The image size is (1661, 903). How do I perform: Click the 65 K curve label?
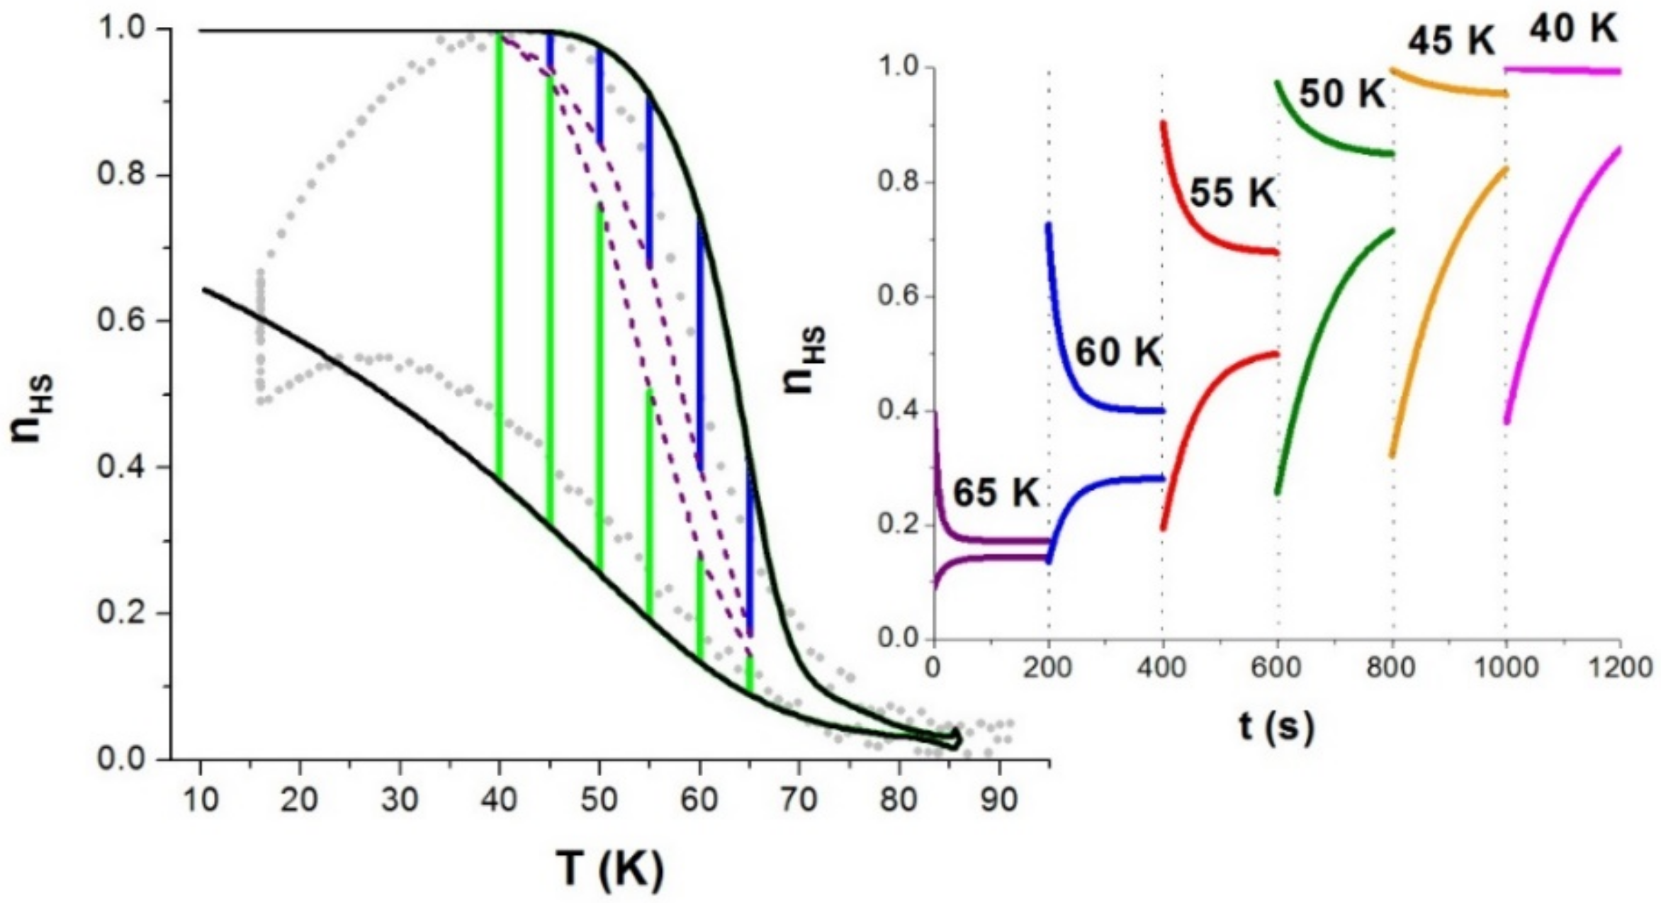point(995,492)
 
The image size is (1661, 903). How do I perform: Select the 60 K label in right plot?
point(1119,352)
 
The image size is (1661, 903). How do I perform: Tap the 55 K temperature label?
point(1233,193)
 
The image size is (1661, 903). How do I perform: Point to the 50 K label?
point(1342,94)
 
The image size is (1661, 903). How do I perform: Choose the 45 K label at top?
point(1451,42)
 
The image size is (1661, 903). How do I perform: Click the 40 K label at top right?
point(1573,30)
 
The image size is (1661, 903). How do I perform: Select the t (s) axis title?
point(1276,726)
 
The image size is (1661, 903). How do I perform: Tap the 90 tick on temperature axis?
point(998,800)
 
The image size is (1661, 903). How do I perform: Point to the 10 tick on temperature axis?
point(201,800)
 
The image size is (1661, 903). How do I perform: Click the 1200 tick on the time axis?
point(1620,668)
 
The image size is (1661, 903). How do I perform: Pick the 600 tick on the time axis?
point(1278,668)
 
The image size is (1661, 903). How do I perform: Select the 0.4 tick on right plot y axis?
point(899,410)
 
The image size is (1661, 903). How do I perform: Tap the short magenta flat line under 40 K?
point(1563,70)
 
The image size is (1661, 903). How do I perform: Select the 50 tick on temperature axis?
point(599,800)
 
